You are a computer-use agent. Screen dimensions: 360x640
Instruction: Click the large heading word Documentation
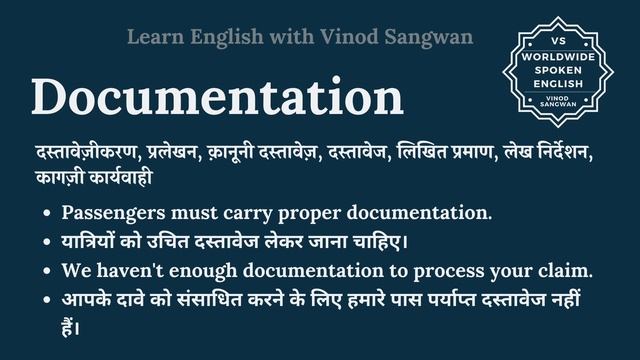click(x=217, y=98)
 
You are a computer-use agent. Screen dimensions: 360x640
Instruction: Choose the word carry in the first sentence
click(x=260, y=213)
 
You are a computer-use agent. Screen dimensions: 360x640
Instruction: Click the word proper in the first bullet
click(x=327, y=213)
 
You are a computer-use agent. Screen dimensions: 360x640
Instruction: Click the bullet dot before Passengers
click(x=47, y=214)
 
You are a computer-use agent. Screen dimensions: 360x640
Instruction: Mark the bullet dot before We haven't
click(x=47, y=271)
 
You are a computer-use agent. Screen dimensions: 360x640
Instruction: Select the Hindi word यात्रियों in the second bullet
click(x=90, y=241)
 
